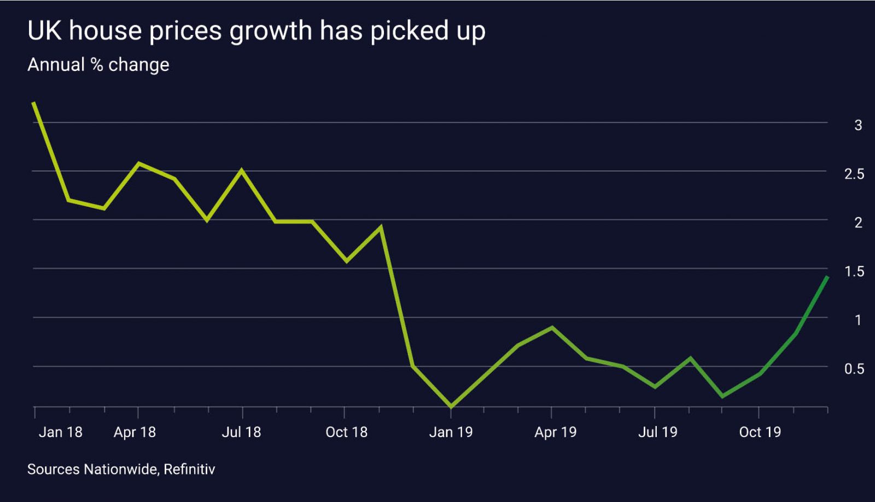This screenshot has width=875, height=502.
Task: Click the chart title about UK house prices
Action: pyautogui.click(x=256, y=31)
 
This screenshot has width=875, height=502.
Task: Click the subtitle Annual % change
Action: pyautogui.click(x=98, y=65)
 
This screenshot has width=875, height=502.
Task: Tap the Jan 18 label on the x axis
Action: pyautogui.click(x=60, y=432)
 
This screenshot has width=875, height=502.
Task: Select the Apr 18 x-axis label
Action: pyautogui.click(x=135, y=432)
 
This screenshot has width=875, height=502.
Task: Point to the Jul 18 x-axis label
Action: pyautogui.click(x=241, y=432)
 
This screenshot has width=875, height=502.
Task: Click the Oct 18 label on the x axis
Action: pyautogui.click(x=346, y=432)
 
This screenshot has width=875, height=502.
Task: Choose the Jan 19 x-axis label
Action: pyautogui.click(x=451, y=432)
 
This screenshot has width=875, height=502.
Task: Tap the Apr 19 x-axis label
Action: pyautogui.click(x=555, y=432)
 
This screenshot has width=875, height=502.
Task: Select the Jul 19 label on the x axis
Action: pyautogui.click(x=657, y=432)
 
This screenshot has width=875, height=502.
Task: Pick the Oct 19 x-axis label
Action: pyautogui.click(x=760, y=432)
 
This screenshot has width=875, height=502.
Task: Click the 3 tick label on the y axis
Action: pyautogui.click(x=858, y=125)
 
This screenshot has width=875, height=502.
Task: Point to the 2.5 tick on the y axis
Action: pyautogui.click(x=854, y=174)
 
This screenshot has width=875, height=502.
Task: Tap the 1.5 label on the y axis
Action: pyautogui.click(x=854, y=271)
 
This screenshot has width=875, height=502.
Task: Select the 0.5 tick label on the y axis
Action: pyautogui.click(x=854, y=369)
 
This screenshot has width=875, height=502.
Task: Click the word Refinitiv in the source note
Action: pyautogui.click(x=189, y=469)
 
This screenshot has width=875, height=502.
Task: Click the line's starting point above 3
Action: pyautogui.click(x=34, y=103)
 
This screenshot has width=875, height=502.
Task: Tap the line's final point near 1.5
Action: pyautogui.click(x=827, y=277)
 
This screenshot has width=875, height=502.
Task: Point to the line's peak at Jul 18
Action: pyautogui.click(x=242, y=170)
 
